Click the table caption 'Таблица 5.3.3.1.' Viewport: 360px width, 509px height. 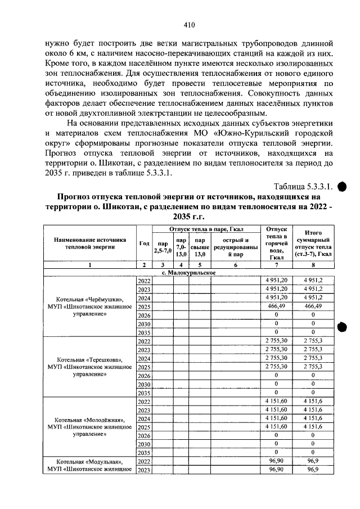click(303, 186)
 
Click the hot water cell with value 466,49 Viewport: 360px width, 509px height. click(276, 307)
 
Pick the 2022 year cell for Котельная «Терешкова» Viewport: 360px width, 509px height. click(144, 341)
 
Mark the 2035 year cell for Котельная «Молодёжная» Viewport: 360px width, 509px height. click(144, 453)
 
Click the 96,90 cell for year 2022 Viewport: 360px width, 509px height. click(276, 461)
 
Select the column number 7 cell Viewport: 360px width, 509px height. click(276, 265)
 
